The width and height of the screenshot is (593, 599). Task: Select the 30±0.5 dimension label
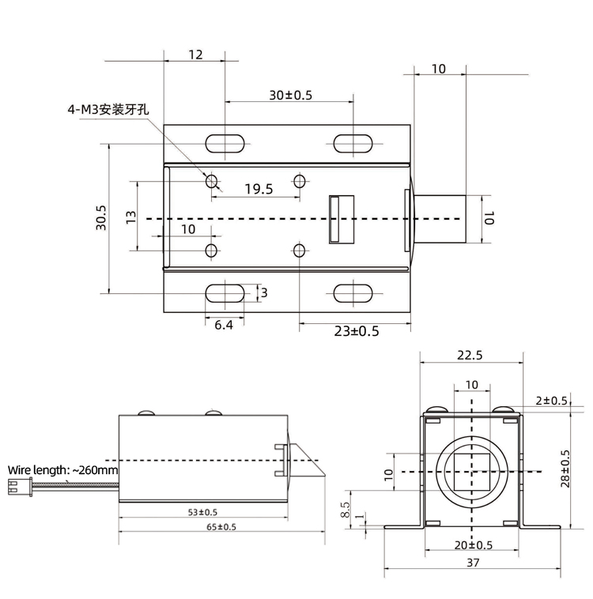coord(290,95)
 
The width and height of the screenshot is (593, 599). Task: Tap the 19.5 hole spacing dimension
coord(259,189)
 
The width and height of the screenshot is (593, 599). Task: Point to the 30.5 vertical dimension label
coord(101,218)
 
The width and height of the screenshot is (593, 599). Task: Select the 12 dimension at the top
coord(195,55)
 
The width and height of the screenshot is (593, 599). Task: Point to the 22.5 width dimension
coord(470,356)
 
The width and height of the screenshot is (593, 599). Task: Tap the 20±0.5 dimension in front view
coord(471,544)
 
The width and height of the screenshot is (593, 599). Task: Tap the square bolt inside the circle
coord(471,472)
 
